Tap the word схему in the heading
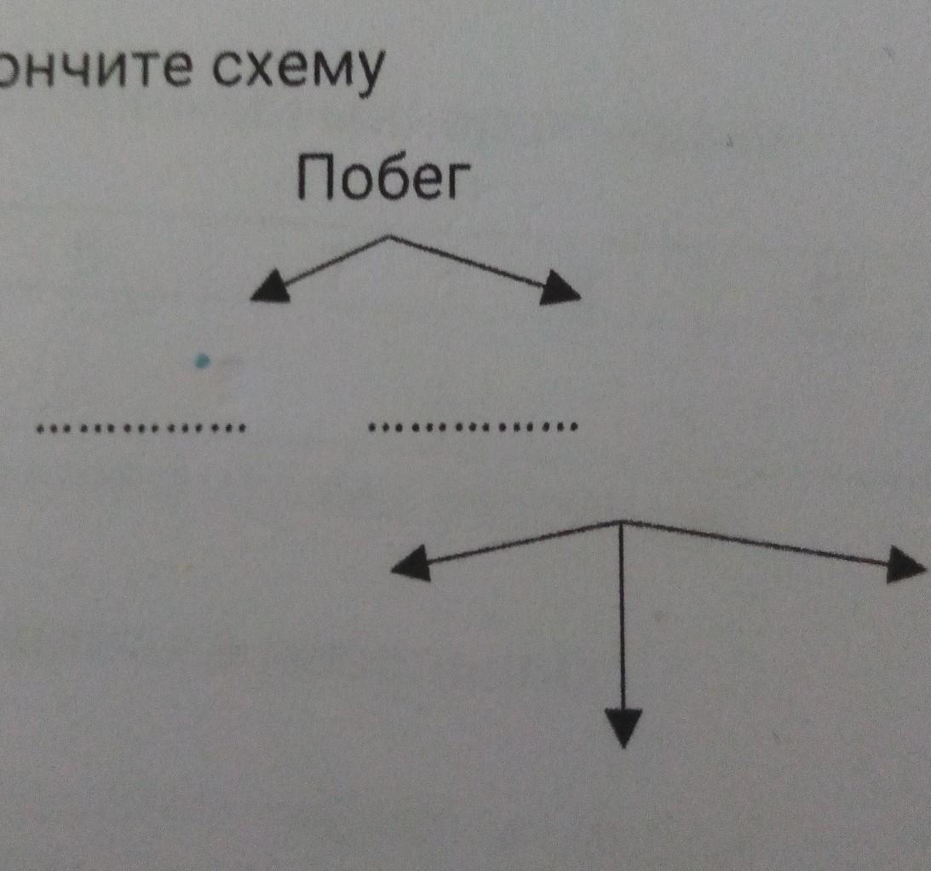[x=294, y=72]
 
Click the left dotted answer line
[x=141, y=426]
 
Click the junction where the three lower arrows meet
[x=622, y=521]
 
